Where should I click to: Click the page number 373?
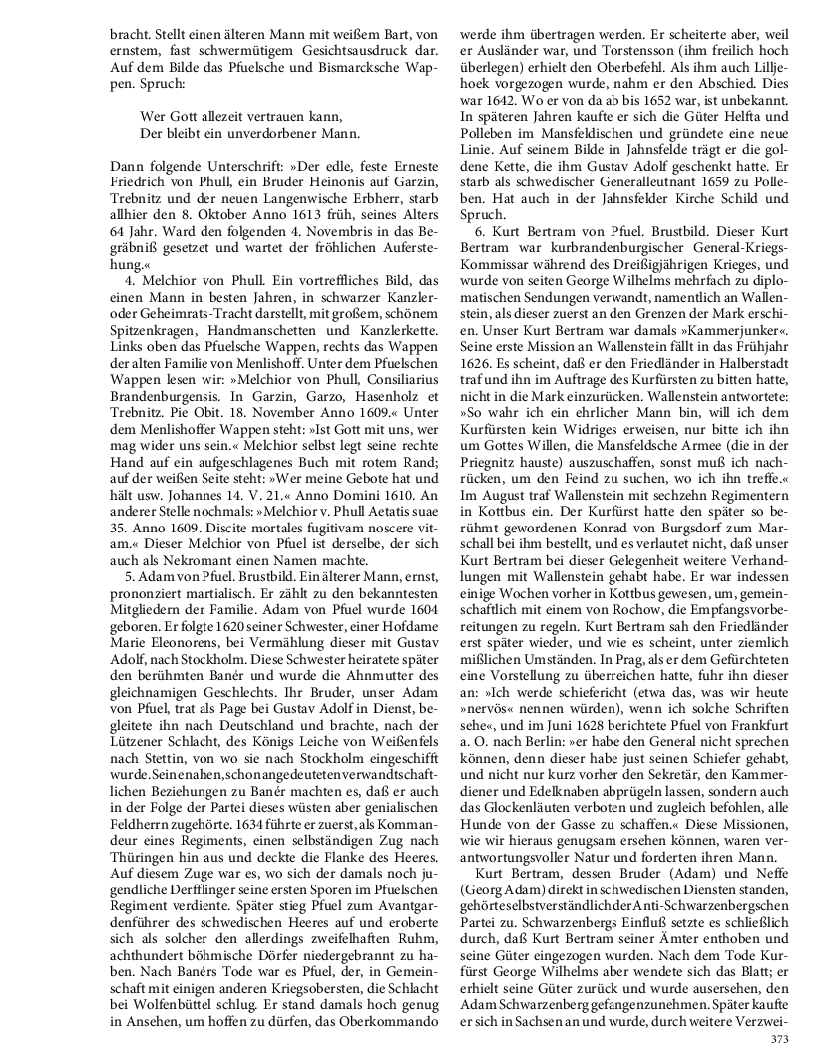click(780, 1039)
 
